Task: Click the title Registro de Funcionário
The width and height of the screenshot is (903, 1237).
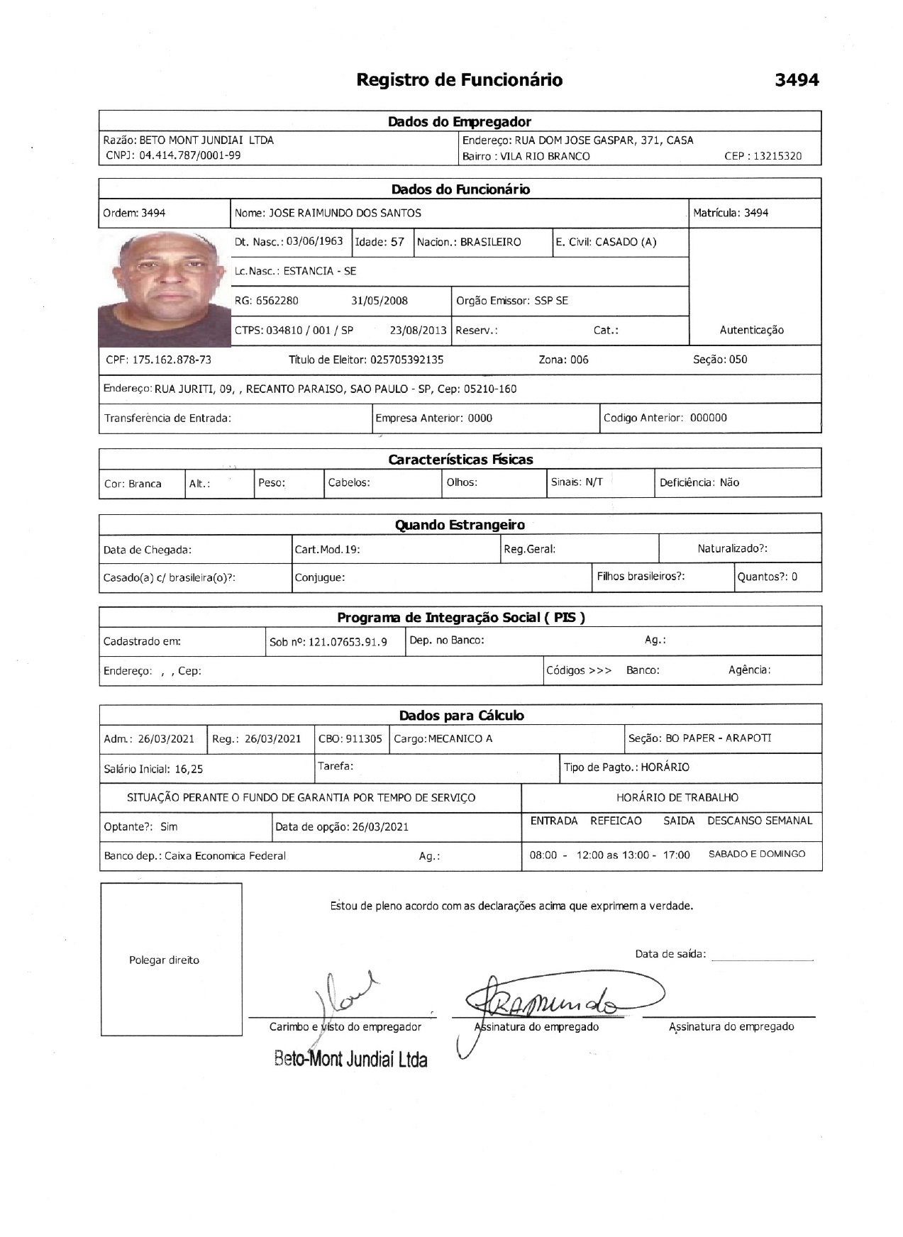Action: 459,79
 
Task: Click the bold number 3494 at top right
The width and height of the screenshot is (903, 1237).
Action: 797,80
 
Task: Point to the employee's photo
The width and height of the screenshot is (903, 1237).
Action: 165,288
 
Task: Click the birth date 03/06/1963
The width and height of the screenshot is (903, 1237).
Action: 314,241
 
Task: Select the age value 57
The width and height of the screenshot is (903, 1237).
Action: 397,242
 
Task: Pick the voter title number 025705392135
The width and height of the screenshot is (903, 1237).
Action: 406,360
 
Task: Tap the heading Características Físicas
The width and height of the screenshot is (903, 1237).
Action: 460,460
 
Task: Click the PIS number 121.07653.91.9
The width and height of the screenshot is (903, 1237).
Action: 348,643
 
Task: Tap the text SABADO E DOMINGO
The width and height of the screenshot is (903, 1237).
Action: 757,855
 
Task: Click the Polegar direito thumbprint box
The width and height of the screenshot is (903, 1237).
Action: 171,959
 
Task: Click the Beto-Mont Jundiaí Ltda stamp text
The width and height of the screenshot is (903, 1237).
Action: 350,1060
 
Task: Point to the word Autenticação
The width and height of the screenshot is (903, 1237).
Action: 751,330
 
